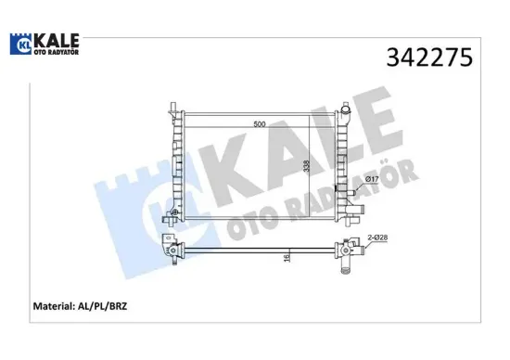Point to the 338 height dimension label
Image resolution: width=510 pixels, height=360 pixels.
306,167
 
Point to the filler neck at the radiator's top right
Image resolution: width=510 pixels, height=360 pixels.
346,115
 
